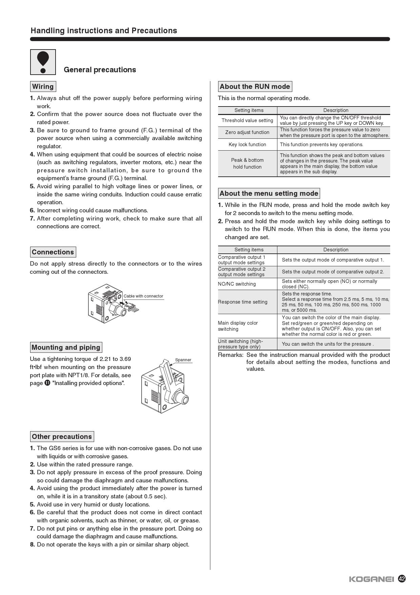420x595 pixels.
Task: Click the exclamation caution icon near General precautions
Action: click(43, 62)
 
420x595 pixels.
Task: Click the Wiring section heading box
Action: click(43, 87)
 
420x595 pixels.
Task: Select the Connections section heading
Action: click(53, 252)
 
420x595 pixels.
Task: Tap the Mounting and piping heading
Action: click(66, 347)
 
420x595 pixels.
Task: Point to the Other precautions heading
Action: click(62, 437)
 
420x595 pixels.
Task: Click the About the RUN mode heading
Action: click(255, 87)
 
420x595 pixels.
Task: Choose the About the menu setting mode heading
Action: click(269, 193)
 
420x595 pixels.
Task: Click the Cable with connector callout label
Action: click(143, 296)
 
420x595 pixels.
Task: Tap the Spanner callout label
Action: click(183, 360)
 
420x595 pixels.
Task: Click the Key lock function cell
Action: click(247, 145)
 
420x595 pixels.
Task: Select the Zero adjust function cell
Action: click(247, 132)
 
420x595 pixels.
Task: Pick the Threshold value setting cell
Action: click(247, 120)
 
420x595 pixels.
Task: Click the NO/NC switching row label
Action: click(237, 284)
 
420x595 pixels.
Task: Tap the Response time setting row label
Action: click(243, 302)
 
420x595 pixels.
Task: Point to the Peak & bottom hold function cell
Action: click(247, 164)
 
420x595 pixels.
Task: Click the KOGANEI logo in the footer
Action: click(371, 579)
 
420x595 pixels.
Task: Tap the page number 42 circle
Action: click(402, 579)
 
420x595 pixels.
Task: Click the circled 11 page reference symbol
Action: click(47, 383)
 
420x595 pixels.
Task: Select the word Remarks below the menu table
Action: click(230, 355)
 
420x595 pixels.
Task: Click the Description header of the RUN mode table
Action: click(336, 110)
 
